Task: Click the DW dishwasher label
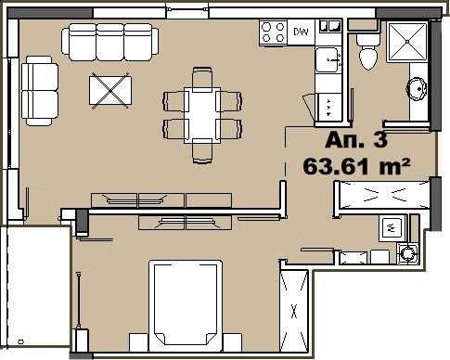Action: click(x=301, y=32)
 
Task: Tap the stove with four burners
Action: click(x=273, y=32)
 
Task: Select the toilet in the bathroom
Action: click(x=368, y=52)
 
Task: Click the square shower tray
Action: click(x=407, y=41)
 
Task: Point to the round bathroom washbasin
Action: click(x=418, y=89)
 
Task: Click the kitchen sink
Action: click(x=328, y=59)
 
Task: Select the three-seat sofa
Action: click(x=109, y=42)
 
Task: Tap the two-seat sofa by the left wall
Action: click(x=40, y=91)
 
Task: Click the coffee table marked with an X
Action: click(x=110, y=91)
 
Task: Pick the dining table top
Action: click(x=202, y=115)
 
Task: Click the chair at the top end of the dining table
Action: click(x=202, y=79)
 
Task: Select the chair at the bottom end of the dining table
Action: click(x=202, y=151)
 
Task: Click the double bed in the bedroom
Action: click(x=186, y=305)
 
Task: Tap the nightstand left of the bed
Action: click(x=139, y=342)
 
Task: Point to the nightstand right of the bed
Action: click(x=232, y=342)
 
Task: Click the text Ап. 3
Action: click(x=356, y=140)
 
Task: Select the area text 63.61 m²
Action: click(x=356, y=166)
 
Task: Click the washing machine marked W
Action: click(x=392, y=228)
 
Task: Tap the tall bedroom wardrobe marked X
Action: click(x=294, y=311)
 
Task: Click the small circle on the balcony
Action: click(x=21, y=341)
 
